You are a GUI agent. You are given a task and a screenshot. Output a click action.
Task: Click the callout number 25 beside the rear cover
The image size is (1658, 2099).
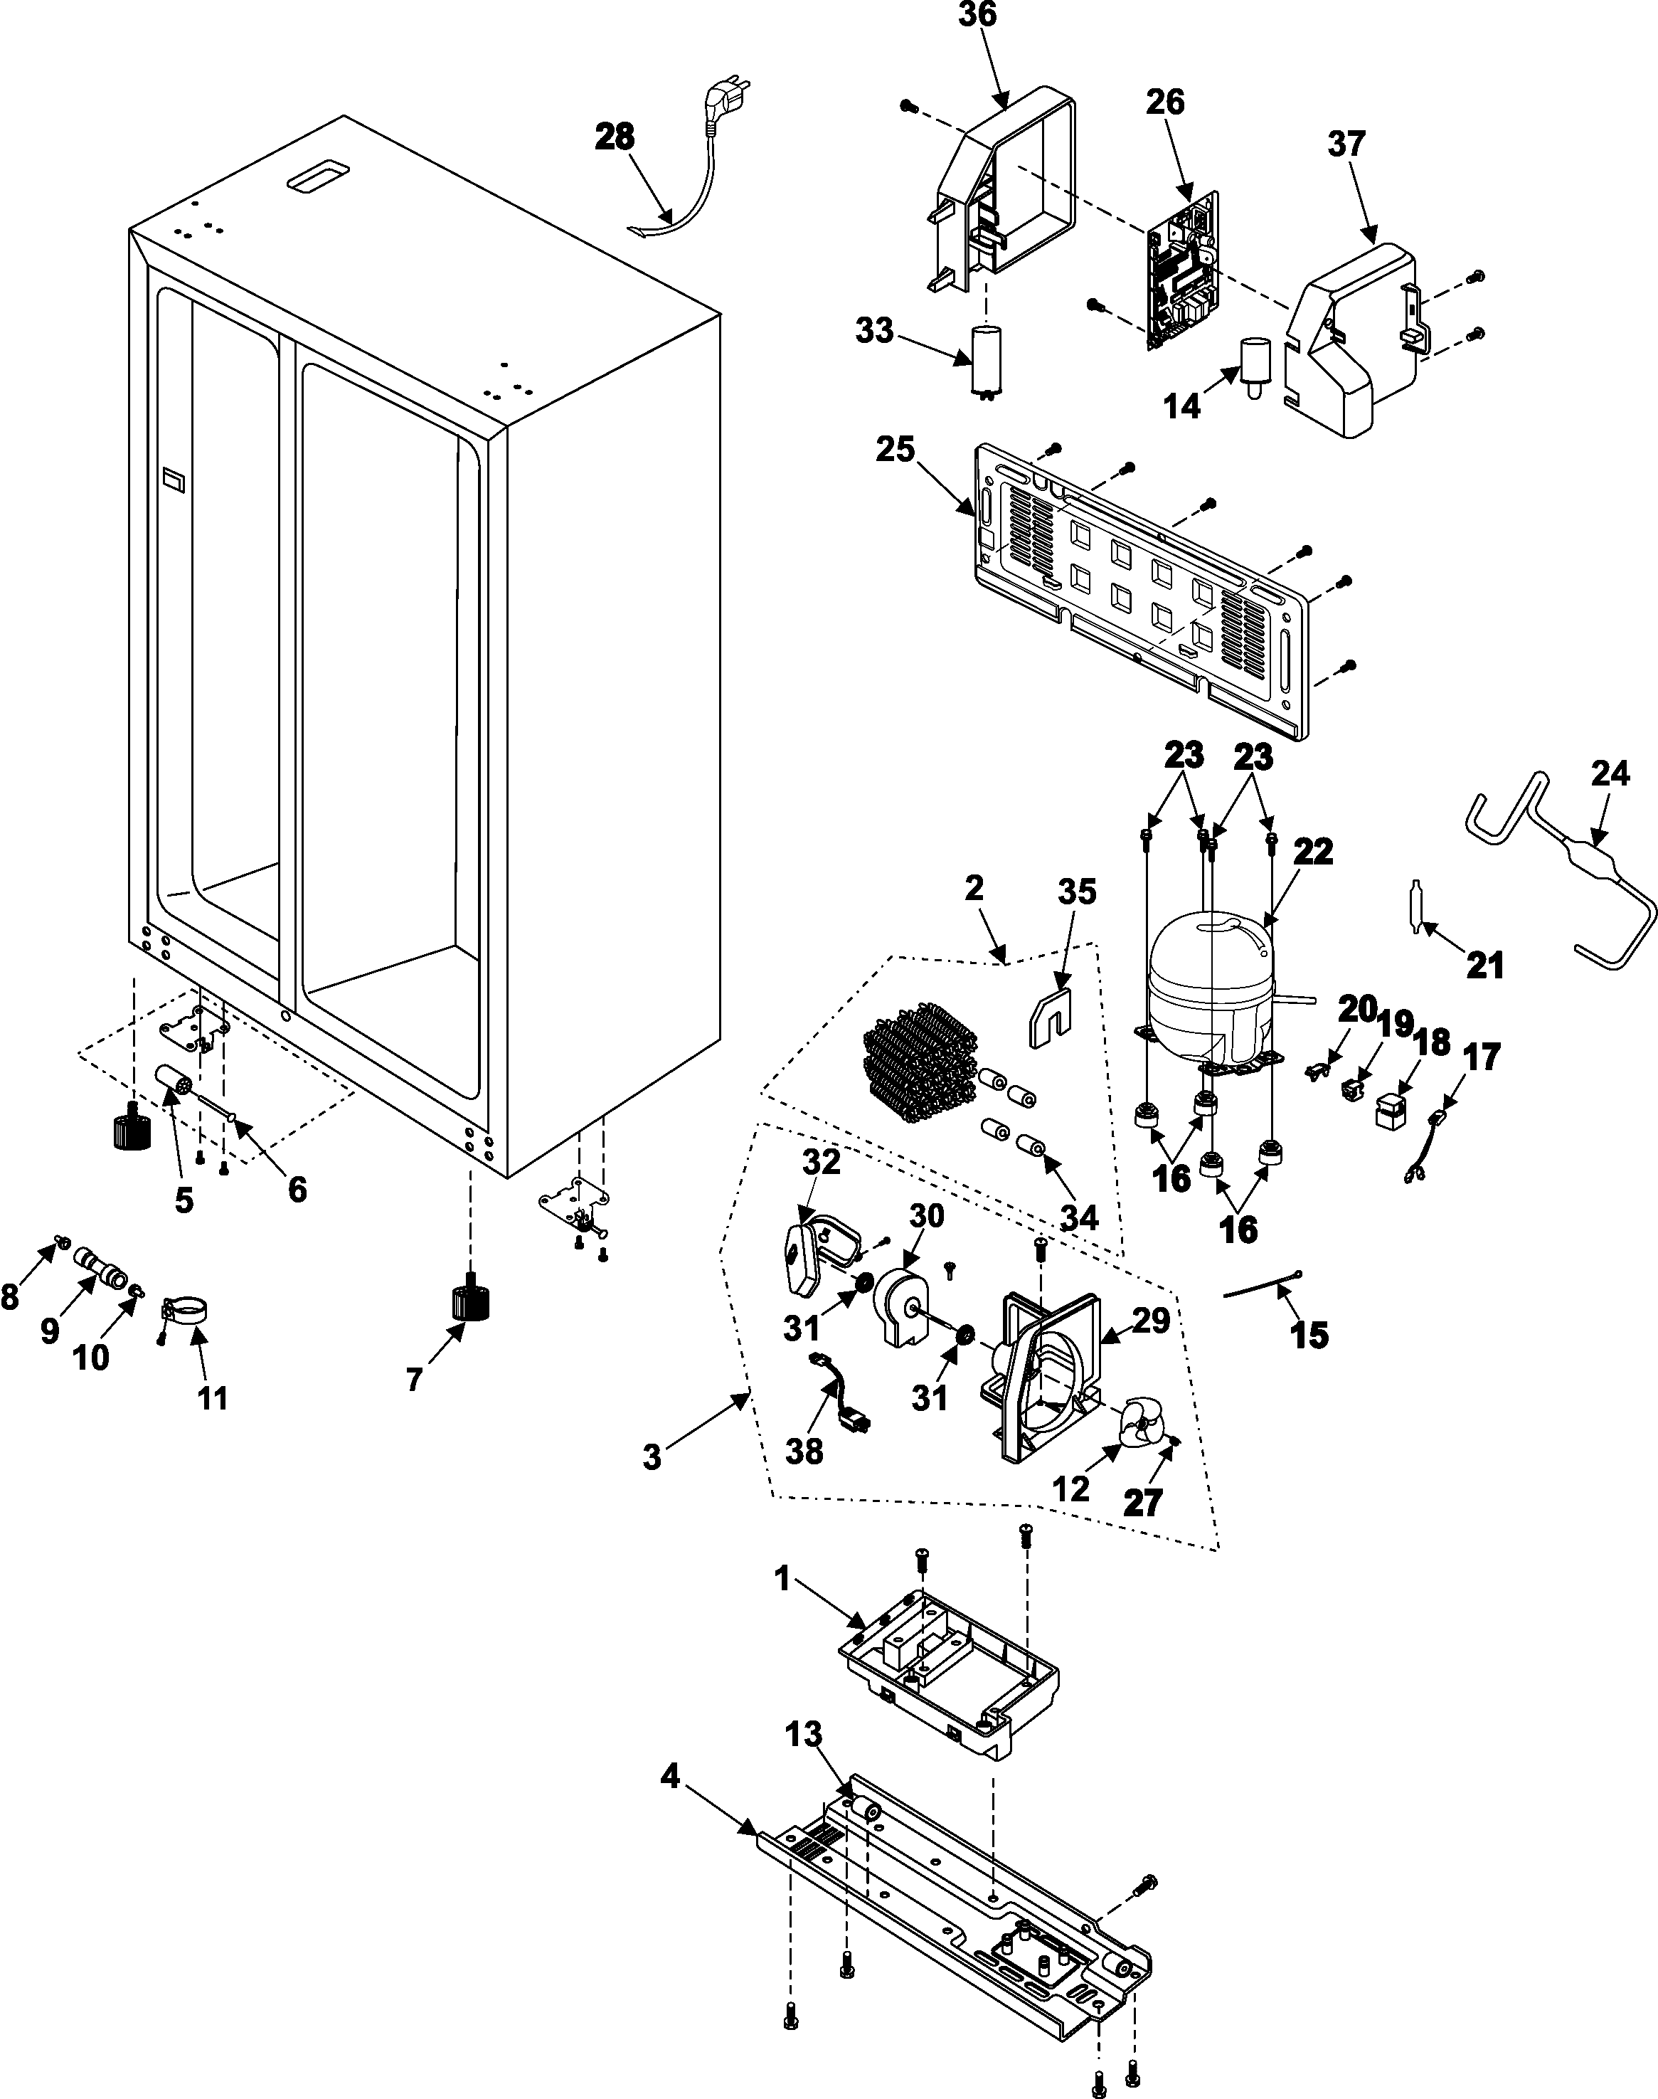pyautogui.click(x=895, y=450)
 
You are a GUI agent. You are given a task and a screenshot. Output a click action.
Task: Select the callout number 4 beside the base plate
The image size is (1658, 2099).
pyautogui.click(x=670, y=1777)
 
